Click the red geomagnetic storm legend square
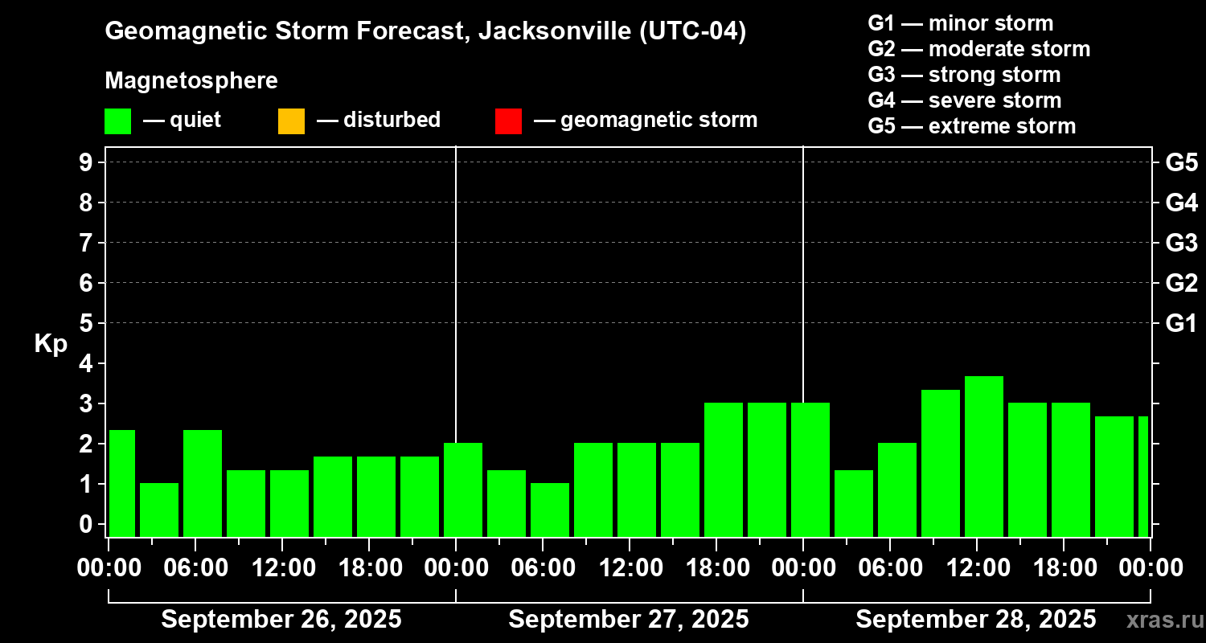508,121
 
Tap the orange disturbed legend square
291,121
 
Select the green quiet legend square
117,121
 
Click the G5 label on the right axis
1181,162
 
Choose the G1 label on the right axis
1181,324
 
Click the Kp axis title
51,344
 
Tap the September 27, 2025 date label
629,620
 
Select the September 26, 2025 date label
281,620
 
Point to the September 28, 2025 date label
975,620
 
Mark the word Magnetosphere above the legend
191,81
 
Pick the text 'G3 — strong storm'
964,75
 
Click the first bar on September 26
121,483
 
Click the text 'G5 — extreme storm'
971,126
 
